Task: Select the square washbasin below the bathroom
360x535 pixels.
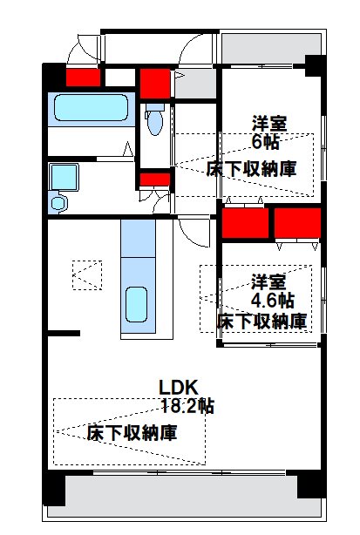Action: [x=64, y=178]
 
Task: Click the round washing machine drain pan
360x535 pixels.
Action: [x=58, y=203]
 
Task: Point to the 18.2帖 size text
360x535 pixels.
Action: [x=187, y=405]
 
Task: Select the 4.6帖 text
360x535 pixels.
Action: [x=271, y=300]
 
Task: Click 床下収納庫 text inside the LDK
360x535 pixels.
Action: [x=132, y=432]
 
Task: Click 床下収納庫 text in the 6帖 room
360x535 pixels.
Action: [x=251, y=168]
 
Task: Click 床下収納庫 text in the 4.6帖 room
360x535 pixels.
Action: [x=262, y=322]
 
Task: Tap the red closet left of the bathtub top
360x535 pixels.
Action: [x=84, y=78]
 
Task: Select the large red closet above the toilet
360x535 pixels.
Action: [x=154, y=83]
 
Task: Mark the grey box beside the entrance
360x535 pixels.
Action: [x=194, y=84]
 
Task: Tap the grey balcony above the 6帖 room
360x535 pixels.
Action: [x=271, y=47]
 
